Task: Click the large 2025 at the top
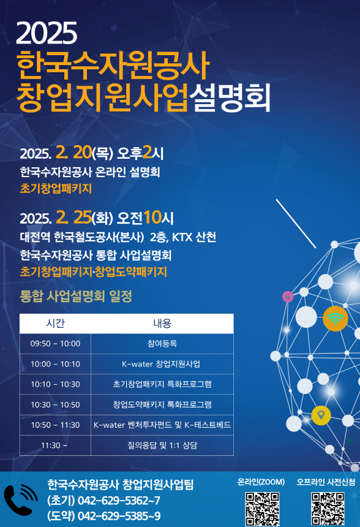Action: pos(47,33)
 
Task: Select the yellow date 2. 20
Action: pos(73,152)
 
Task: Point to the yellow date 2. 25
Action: pos(73,217)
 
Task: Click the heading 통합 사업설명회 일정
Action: pos(76,297)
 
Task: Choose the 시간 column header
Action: pos(55,323)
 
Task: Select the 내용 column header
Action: pos(162,323)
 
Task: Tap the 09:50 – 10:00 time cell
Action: pos(55,344)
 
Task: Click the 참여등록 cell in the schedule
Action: pos(162,344)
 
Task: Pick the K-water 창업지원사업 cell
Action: pos(162,364)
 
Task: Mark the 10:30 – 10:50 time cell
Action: pos(55,404)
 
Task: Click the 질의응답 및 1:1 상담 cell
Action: pos(162,445)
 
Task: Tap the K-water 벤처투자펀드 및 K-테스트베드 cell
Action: pos(162,425)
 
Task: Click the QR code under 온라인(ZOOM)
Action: pos(261,508)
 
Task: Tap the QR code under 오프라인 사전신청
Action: pos(328,508)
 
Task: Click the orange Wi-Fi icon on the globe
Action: pos(335,319)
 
